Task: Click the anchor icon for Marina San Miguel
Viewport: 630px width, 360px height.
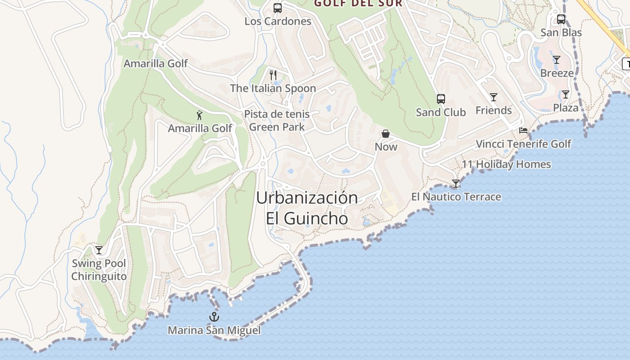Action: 214,317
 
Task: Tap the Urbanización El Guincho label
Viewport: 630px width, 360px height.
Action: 307,208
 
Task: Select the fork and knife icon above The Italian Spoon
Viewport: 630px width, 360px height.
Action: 273,75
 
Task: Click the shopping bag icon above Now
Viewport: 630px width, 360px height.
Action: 386,134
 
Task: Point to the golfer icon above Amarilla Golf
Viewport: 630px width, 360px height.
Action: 200,115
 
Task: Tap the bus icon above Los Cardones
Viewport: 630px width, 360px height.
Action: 278,8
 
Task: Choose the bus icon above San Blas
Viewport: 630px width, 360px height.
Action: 561,19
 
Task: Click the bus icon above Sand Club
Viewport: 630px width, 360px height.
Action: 441,99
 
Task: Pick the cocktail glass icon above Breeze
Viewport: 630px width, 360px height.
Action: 557,60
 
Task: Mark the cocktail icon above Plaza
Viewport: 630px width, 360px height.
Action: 565,94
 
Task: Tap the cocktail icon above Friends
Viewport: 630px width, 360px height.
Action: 494,97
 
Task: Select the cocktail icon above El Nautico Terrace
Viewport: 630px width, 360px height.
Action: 456,184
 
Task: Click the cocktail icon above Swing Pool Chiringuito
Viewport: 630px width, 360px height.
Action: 99,250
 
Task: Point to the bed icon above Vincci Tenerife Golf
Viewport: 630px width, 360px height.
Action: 523,130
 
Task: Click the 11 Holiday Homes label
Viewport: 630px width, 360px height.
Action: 506,164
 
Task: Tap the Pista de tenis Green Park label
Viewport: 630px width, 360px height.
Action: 277,121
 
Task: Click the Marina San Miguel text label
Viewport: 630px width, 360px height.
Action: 214,331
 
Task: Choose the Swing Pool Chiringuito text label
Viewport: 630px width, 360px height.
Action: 99,270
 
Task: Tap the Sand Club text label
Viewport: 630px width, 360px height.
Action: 441,112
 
